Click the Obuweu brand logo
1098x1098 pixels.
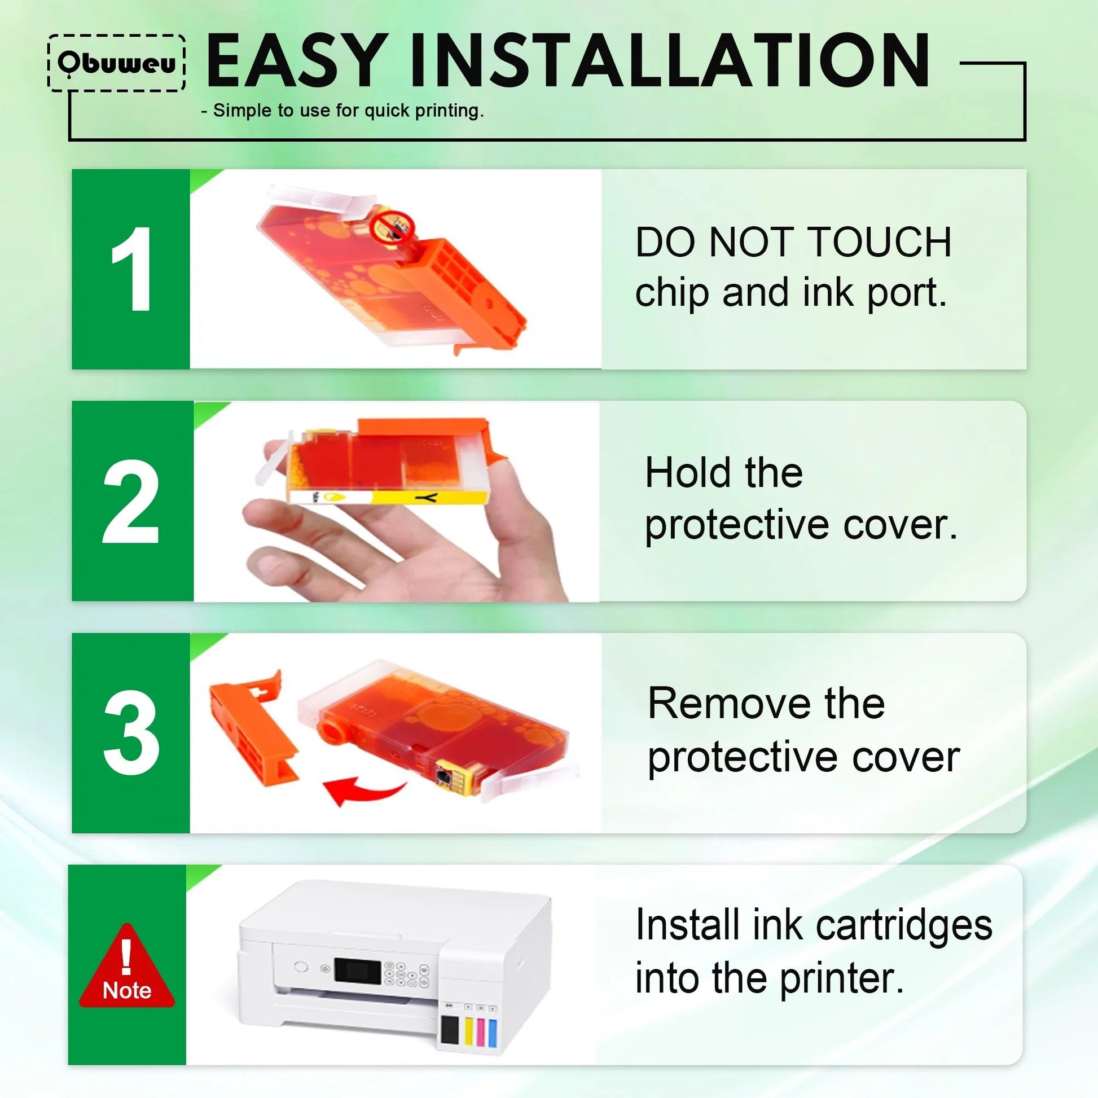(x=116, y=63)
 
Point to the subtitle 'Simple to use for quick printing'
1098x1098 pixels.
(x=342, y=110)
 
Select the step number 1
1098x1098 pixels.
(x=132, y=269)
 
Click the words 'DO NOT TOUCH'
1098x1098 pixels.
(x=793, y=242)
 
